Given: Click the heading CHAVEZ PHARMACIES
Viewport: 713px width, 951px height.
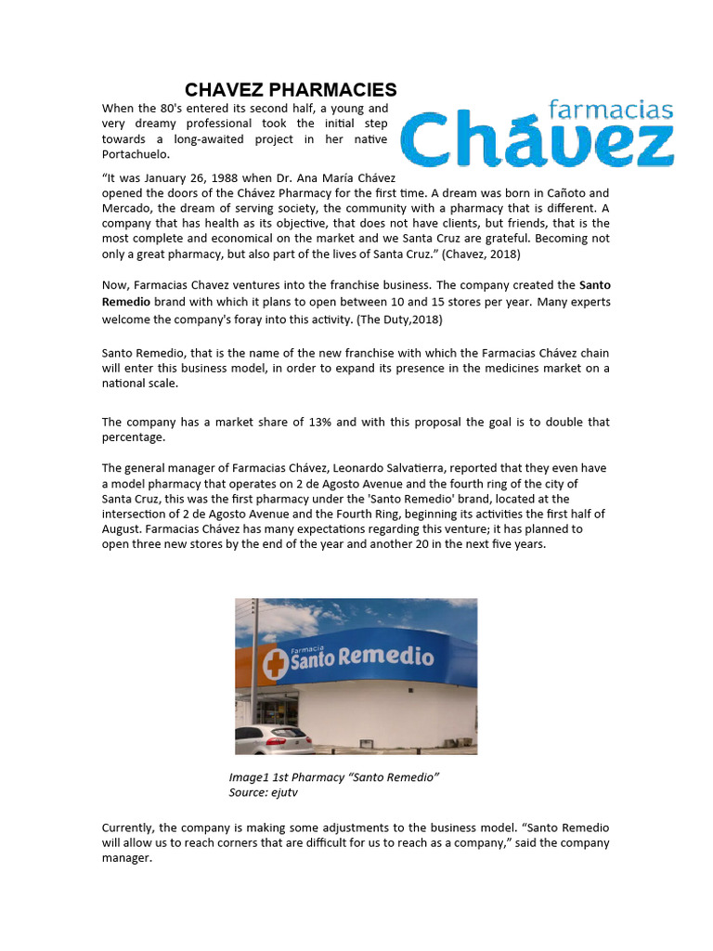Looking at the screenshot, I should pos(291,90).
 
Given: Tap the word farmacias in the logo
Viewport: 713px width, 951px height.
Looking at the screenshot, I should pos(610,111).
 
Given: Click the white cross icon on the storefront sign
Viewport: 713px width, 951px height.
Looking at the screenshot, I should pos(275,663).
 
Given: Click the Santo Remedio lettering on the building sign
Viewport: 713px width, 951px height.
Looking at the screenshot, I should pos(362,658).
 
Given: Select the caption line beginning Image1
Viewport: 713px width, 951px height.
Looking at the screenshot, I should pos(333,777).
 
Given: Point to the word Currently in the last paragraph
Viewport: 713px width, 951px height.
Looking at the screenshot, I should pos(128,827).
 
